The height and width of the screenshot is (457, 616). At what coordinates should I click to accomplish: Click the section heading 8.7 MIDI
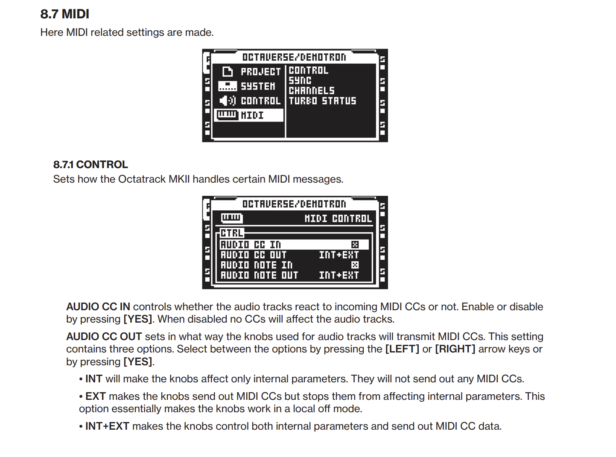64,14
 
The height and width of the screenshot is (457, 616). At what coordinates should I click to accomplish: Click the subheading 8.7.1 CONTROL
90,165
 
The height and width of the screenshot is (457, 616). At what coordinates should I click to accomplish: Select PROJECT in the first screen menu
260,72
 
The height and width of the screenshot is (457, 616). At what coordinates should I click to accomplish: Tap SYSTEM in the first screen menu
258,86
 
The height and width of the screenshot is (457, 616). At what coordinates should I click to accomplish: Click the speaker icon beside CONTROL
227,101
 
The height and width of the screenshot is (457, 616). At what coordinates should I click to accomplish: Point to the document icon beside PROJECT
228,72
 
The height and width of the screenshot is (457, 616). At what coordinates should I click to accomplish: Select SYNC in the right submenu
300,80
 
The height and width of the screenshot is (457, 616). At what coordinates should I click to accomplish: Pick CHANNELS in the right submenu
312,90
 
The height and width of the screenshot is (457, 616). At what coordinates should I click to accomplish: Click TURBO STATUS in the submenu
322,101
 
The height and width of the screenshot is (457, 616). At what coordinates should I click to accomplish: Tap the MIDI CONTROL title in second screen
338,218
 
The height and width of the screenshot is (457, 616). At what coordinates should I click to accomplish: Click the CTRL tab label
232,233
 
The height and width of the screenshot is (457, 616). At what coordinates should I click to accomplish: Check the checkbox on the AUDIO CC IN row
355,245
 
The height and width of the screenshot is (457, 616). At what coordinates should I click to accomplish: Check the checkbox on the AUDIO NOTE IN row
355,265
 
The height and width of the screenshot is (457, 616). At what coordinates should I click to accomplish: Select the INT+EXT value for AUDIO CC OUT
339,255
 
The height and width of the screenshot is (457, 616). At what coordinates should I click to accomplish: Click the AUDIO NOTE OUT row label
259,275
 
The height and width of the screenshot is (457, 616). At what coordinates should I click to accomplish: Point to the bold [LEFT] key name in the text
402,349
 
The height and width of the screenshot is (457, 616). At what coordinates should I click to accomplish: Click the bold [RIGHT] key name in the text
455,349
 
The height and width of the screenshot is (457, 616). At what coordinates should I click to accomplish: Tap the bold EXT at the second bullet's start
95,396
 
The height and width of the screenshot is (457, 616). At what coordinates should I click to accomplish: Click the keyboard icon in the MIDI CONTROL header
231,218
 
